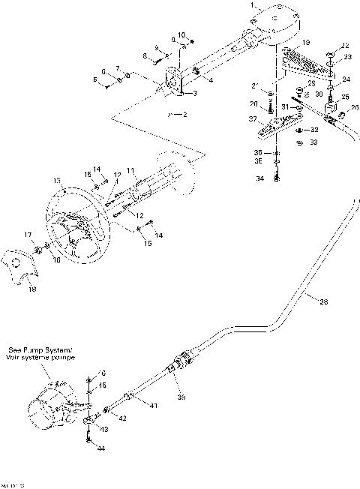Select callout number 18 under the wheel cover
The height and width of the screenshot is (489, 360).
pyautogui.click(x=31, y=288)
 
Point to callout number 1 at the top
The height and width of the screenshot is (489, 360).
pyautogui.click(x=252, y=5)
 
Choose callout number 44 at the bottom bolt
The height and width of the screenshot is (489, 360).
pyautogui.click(x=101, y=448)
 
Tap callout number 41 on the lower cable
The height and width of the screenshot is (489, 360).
pyautogui.click(x=152, y=406)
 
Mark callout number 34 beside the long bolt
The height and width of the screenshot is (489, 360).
pyautogui.click(x=259, y=179)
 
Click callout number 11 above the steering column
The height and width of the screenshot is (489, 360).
pyautogui.click(x=130, y=171)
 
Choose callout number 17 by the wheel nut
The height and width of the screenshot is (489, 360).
pyautogui.click(x=28, y=235)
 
